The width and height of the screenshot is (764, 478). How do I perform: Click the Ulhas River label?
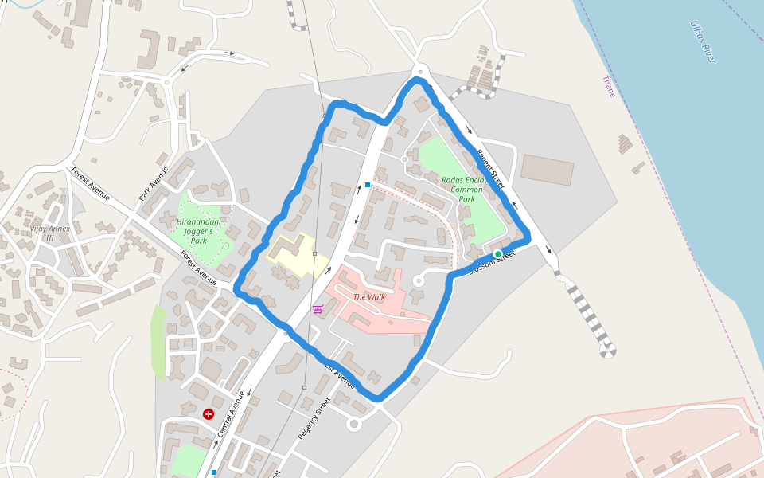click(x=704, y=41)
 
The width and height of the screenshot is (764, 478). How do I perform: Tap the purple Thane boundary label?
click(x=609, y=86)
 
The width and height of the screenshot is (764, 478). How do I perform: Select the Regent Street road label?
click(x=491, y=168)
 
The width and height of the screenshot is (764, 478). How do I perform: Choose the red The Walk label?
click(x=368, y=297)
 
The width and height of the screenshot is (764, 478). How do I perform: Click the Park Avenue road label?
click(x=154, y=184)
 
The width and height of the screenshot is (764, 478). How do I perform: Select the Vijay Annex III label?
click(x=50, y=233)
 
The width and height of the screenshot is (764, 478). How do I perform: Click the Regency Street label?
click(x=314, y=418)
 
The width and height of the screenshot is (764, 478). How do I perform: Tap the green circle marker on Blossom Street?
click(x=498, y=254)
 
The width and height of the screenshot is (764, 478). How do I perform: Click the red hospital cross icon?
click(x=209, y=414)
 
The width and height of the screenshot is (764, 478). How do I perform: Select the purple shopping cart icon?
click(x=318, y=309)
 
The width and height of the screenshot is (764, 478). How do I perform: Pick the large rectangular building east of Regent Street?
click(x=547, y=170)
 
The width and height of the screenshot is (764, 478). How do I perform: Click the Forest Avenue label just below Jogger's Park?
click(x=198, y=268)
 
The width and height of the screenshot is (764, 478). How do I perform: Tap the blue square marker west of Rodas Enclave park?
click(x=368, y=185)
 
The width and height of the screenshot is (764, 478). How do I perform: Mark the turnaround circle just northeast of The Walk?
click(x=419, y=280)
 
